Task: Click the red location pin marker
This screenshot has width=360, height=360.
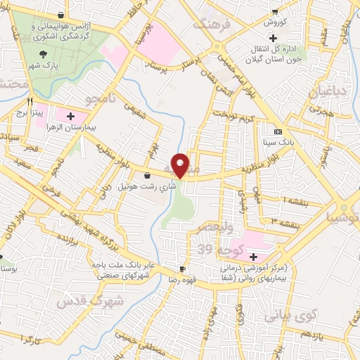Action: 181,165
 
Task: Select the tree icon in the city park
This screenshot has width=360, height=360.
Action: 44,54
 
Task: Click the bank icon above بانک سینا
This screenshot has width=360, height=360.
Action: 278,132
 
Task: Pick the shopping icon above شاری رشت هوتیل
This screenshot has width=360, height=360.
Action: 146,175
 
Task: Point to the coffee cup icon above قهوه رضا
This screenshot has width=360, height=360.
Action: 183,269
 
